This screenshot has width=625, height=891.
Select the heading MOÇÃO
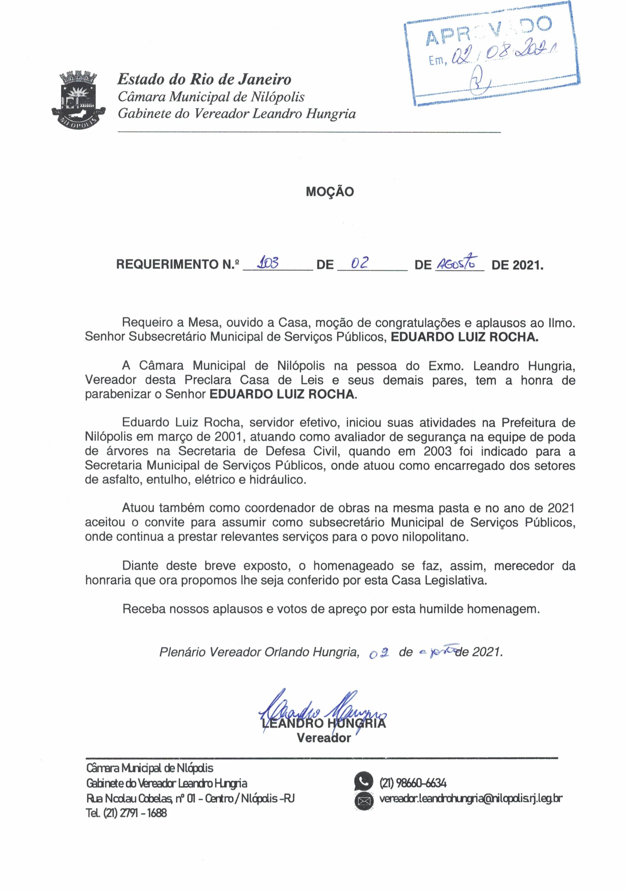coord(330,192)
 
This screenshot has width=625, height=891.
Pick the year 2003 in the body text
coord(438,451)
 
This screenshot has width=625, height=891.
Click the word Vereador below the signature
coord(324,737)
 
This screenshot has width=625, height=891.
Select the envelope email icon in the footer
coord(364,800)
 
